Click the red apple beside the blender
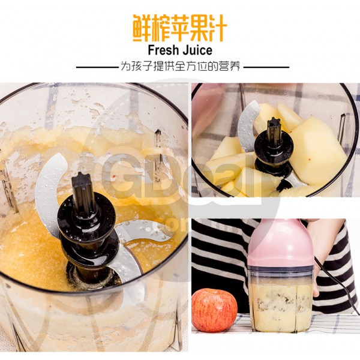[x=214, y=310]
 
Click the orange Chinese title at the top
[x=180, y=28]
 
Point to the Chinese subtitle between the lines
[x=180, y=67]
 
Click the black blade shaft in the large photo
[x=84, y=198]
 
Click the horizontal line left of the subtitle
[x=96, y=67]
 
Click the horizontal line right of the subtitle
[x=264, y=67]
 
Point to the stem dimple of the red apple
[x=211, y=294]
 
